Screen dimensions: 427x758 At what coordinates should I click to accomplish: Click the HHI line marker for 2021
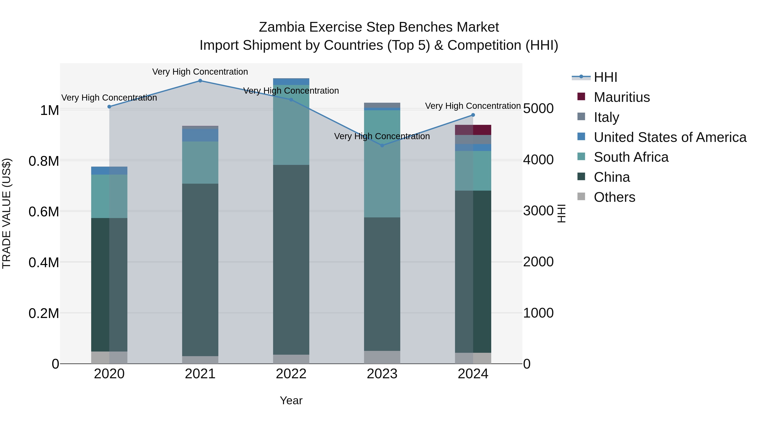point(200,81)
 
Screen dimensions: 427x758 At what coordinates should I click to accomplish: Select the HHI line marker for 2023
point(382,145)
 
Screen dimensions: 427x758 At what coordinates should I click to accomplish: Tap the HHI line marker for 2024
point(473,115)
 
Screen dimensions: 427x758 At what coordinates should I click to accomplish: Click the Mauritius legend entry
point(622,97)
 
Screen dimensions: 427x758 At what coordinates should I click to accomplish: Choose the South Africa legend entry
point(631,157)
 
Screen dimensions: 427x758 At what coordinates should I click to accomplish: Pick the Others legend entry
point(614,197)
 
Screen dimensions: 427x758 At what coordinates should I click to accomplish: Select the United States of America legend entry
point(670,137)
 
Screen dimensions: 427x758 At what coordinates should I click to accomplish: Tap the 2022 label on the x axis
point(291,374)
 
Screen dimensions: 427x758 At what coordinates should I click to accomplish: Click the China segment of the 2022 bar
point(291,259)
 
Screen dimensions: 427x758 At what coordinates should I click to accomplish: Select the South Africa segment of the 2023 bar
point(382,164)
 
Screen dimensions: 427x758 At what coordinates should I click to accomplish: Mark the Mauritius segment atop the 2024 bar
point(473,130)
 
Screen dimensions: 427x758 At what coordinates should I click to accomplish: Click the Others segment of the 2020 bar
point(109,357)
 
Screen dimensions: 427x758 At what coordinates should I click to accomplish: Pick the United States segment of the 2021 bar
point(200,135)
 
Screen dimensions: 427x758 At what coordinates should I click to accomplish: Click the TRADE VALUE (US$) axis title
point(7,213)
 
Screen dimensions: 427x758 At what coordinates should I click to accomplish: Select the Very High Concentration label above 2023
point(382,136)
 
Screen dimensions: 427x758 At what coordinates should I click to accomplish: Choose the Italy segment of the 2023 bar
point(382,105)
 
